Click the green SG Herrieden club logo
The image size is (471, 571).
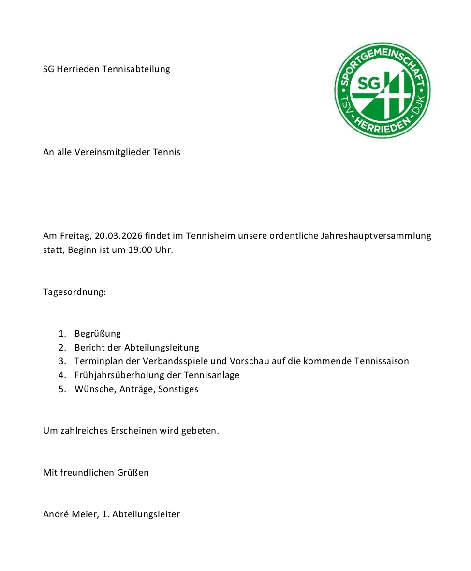coord(382,90)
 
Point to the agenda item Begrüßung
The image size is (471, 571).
coord(98,333)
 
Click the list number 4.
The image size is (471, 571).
coord(62,375)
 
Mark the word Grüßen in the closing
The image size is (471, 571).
coord(132,472)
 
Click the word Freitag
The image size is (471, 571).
coord(74,236)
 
